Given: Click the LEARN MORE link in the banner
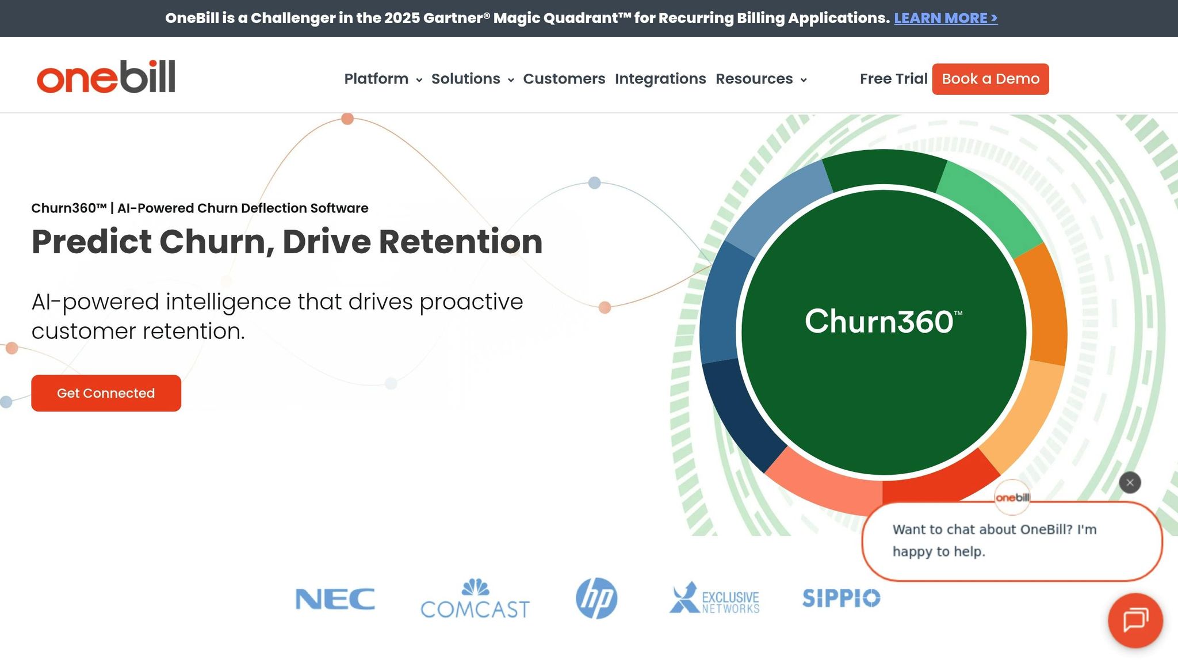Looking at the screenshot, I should [x=945, y=18].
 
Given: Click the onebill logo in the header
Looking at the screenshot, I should [x=106, y=77].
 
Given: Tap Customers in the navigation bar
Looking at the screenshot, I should [x=564, y=79].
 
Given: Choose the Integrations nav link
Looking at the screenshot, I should [x=660, y=79].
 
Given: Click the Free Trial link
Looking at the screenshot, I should [x=893, y=79].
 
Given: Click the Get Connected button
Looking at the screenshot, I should [x=106, y=393].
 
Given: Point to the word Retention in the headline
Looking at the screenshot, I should [x=460, y=242].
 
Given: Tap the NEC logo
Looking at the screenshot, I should [x=335, y=599].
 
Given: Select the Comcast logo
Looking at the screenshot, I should [x=475, y=600].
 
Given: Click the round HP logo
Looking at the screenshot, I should [x=596, y=599].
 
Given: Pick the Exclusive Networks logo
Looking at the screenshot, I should [x=714, y=599].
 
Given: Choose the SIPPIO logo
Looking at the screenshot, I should [x=841, y=599].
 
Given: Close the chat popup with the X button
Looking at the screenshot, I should [x=1130, y=483].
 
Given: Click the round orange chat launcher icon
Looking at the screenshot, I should [x=1135, y=620].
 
